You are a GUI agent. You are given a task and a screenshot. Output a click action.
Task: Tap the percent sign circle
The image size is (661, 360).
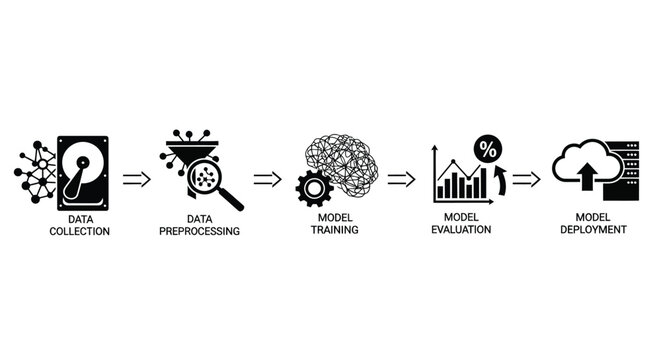tap(488, 149)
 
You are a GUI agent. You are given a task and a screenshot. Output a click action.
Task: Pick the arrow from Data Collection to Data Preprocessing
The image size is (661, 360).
tap(137, 180)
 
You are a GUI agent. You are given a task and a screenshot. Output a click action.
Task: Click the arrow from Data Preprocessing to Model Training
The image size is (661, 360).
tap(267, 180)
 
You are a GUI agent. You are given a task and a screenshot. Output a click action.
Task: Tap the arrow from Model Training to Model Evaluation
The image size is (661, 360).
tap(401, 180)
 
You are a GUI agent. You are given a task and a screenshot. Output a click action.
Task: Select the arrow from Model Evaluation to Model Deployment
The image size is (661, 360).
tap(527, 180)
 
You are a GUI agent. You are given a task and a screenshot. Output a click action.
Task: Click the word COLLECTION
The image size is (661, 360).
tap(81, 231)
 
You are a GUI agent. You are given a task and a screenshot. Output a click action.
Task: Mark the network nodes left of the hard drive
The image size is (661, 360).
tap(36, 172)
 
